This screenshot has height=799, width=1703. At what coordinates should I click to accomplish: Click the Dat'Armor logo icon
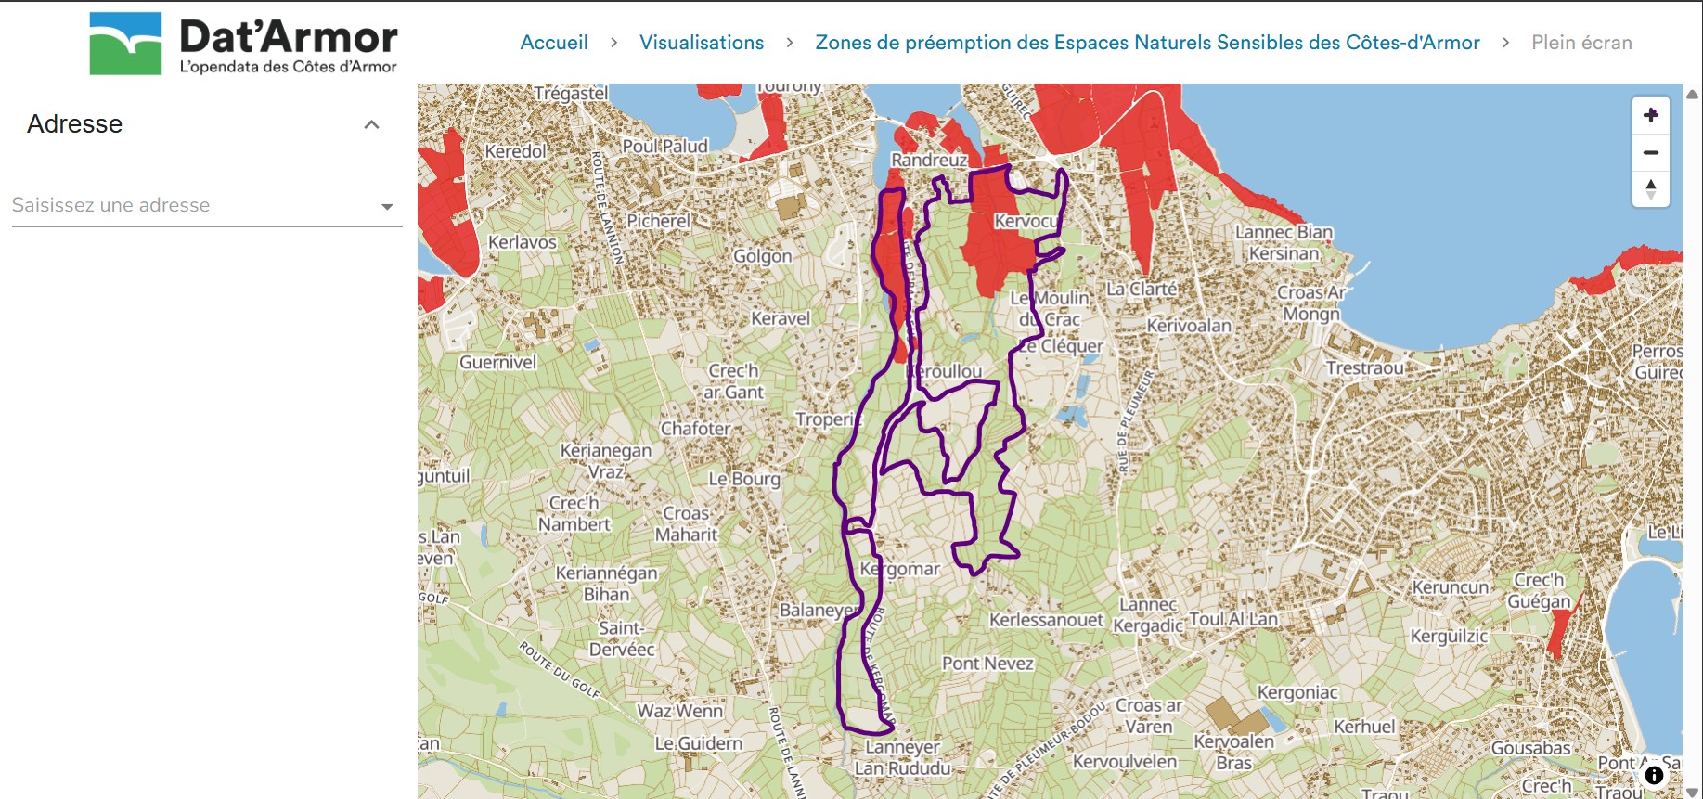pos(125,44)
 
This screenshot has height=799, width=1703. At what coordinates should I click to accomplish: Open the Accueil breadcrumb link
pos(553,43)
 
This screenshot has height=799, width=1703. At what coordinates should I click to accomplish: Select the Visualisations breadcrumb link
pos(701,43)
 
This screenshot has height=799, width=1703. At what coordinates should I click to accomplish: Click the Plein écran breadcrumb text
pos(1580,43)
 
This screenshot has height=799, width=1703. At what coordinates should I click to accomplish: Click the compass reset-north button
pos(1650,188)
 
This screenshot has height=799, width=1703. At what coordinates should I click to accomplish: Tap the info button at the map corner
pos(1653,775)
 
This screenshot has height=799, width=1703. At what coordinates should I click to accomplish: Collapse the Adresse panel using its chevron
pos(372,124)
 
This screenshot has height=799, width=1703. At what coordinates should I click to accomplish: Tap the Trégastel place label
pos(571,93)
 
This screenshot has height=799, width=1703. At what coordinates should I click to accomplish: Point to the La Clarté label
pos(1141,289)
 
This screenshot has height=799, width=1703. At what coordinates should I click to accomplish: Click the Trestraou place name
pos(1363,367)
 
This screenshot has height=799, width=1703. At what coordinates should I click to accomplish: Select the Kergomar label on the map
pos(899,568)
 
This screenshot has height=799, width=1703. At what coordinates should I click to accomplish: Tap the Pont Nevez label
pos(987,663)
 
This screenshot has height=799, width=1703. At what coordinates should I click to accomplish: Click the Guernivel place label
pos(497,362)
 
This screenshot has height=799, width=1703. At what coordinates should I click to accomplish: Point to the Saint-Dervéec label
pos(622,638)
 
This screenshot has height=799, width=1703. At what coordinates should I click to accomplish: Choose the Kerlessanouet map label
pos(1046,619)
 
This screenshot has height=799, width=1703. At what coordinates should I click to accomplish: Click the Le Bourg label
pos(743,479)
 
